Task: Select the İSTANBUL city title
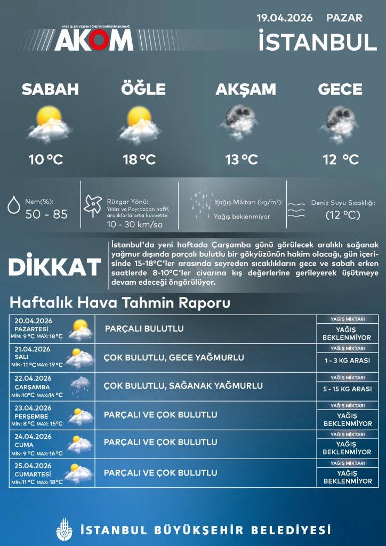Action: [318, 42]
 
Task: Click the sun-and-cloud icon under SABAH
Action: [50, 123]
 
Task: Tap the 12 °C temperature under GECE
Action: [340, 159]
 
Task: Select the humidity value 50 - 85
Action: [46, 214]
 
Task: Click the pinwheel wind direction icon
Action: [92, 206]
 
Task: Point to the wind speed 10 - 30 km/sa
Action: [134, 224]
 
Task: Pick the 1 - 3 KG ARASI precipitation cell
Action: [347, 360]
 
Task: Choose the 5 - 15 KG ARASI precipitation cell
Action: [347, 389]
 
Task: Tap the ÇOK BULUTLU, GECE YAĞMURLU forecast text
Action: [174, 357]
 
